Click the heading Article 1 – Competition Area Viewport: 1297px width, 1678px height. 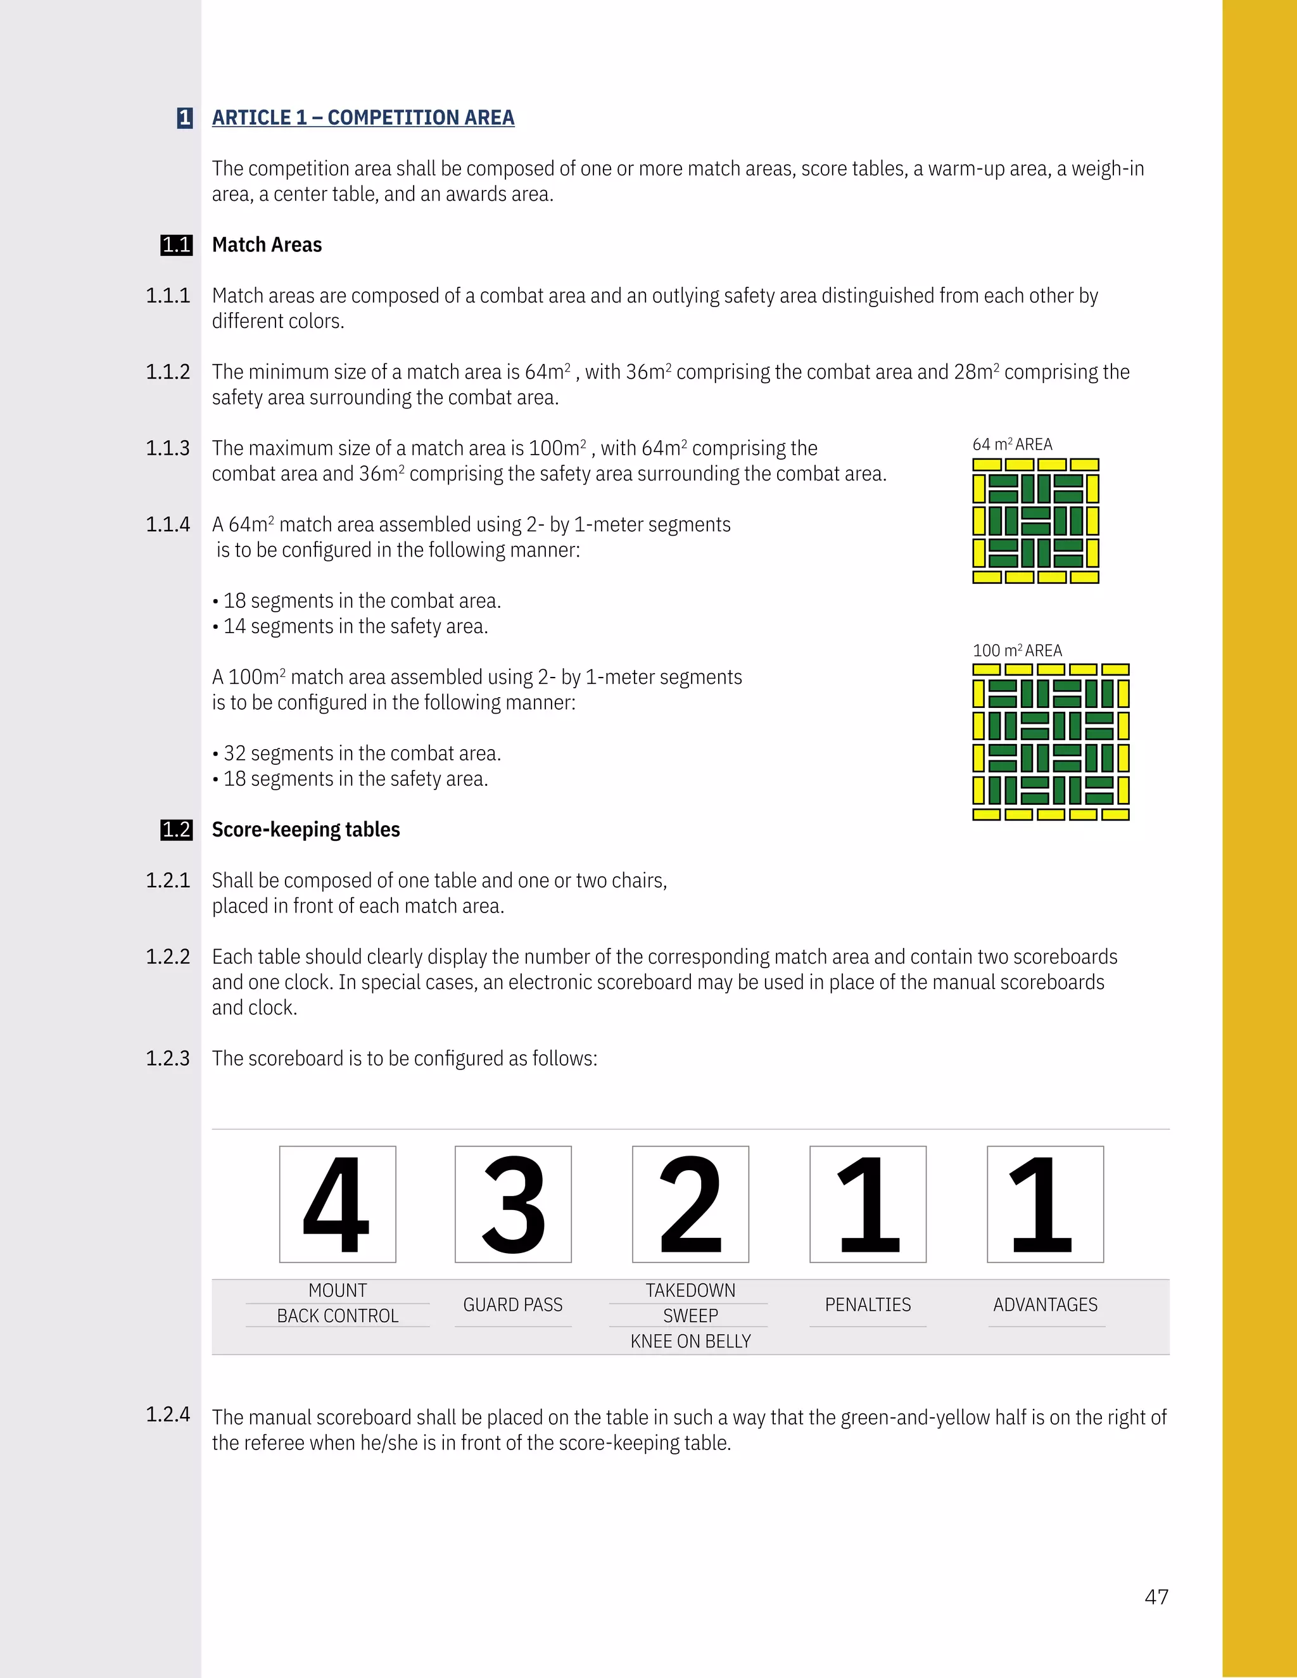click(363, 118)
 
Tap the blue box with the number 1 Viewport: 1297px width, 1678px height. click(184, 118)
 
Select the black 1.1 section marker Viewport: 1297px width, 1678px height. click(176, 245)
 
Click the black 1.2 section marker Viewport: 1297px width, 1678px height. click(176, 830)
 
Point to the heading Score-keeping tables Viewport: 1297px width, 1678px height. click(306, 830)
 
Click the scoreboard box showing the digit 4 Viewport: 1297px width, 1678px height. click(338, 1204)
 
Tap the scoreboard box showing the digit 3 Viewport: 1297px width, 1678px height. click(512, 1204)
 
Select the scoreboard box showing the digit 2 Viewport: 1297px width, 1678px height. click(690, 1204)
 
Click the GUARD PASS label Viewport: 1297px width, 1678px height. click(512, 1304)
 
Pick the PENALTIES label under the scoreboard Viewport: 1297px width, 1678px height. click(868, 1304)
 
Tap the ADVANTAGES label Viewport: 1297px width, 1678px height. click(1045, 1304)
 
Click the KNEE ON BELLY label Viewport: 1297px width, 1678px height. click(690, 1342)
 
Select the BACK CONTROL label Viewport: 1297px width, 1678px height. click(338, 1316)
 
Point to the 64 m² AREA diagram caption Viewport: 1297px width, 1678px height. click(1012, 444)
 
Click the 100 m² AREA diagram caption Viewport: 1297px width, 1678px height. click(1016, 650)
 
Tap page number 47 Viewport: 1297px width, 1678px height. click(1156, 1596)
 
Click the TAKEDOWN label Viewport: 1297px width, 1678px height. click(690, 1290)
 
